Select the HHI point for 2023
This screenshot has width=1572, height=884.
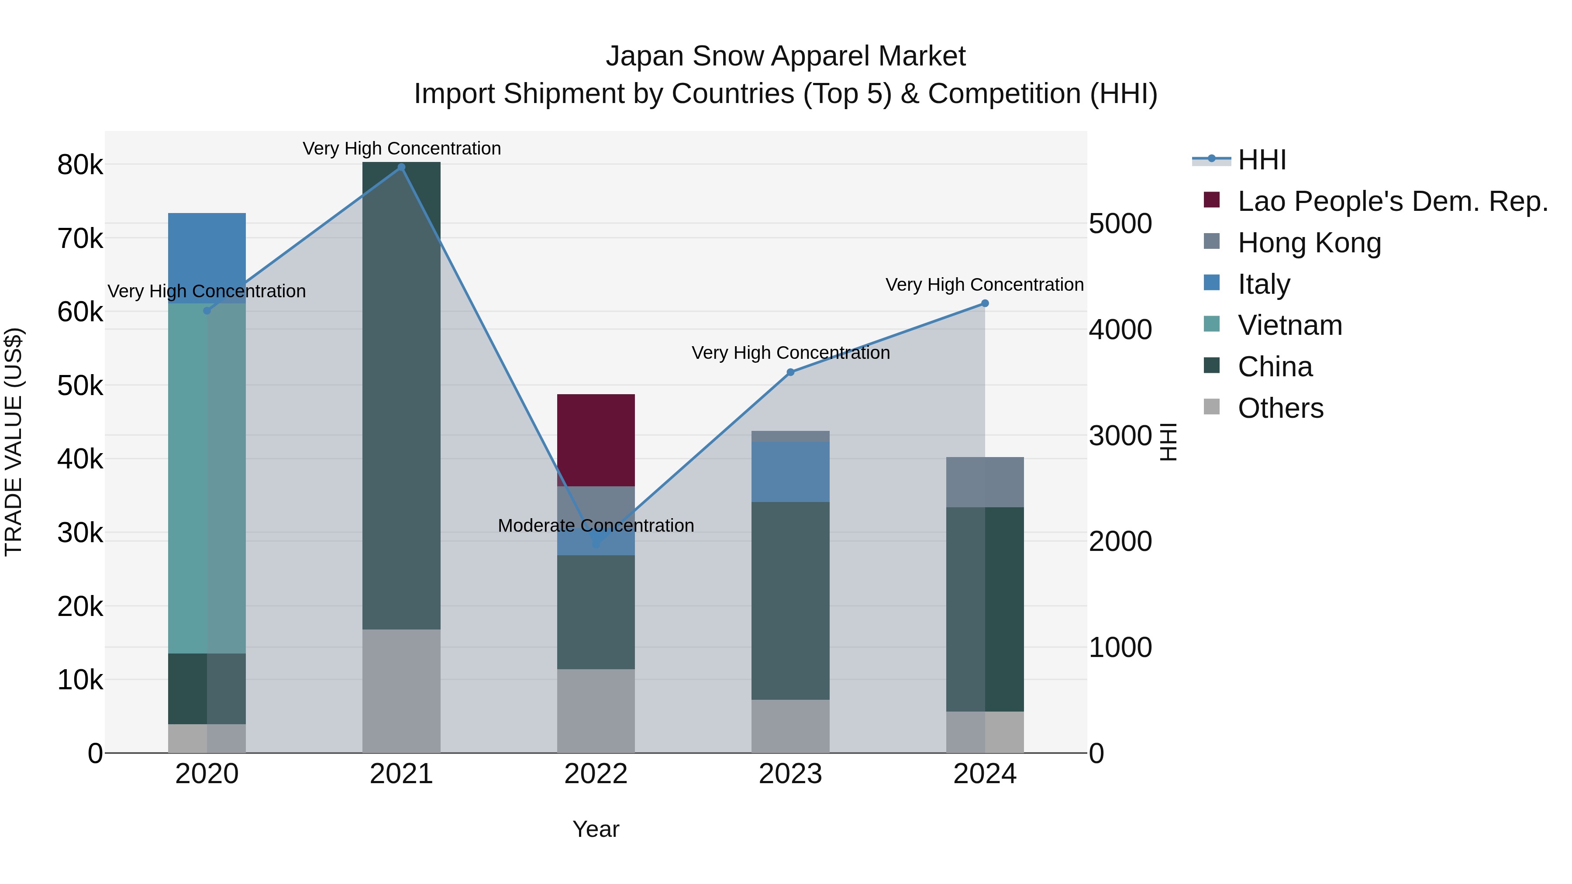(x=790, y=372)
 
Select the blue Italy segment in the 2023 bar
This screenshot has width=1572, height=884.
(x=790, y=471)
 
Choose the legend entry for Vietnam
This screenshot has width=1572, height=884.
(x=1289, y=325)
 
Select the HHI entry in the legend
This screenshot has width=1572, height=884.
(x=1262, y=160)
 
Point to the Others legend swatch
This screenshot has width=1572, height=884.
(x=1211, y=407)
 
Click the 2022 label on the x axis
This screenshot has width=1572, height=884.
(x=596, y=774)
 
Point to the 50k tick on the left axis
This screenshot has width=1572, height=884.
(x=80, y=385)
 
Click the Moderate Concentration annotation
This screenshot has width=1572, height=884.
(x=596, y=525)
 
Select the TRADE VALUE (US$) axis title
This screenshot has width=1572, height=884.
(x=14, y=442)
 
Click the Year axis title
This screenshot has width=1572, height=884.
(x=596, y=829)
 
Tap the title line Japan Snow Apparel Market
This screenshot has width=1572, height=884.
(x=786, y=56)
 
